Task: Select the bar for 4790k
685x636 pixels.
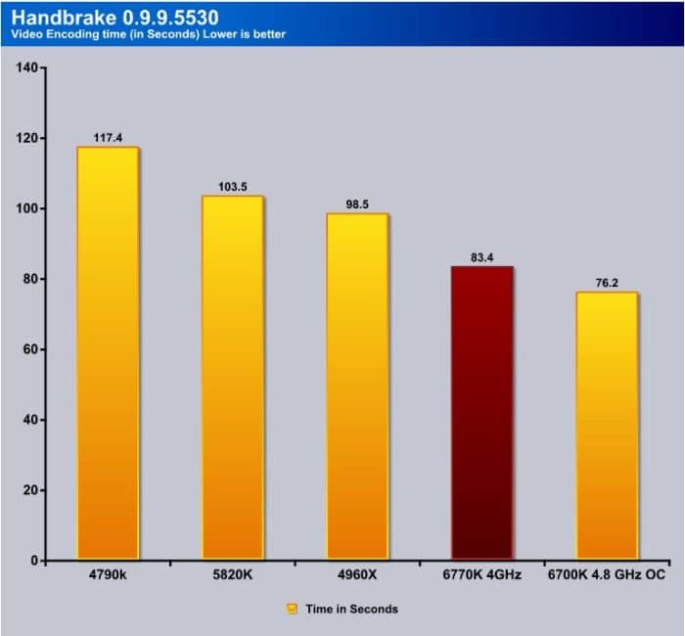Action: coord(108,352)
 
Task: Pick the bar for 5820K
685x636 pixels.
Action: coord(232,377)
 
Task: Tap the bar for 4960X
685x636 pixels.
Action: coord(356,386)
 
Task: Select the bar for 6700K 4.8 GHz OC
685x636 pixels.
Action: coord(607,426)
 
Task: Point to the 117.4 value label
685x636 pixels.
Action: coord(108,138)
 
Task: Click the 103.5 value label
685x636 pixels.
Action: coord(232,186)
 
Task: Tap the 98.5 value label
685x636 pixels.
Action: coord(356,204)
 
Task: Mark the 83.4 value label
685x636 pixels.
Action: coord(481,257)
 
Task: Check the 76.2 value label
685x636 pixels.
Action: coord(607,283)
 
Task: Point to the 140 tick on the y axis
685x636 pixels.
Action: coord(25,68)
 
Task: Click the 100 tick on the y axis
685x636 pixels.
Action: coord(25,208)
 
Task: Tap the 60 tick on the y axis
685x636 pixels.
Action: coord(28,349)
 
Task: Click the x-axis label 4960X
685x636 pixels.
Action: coord(356,576)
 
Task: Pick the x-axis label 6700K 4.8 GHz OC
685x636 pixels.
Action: coord(607,576)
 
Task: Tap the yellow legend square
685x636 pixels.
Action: coord(292,609)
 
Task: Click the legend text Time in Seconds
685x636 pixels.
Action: coord(351,609)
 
